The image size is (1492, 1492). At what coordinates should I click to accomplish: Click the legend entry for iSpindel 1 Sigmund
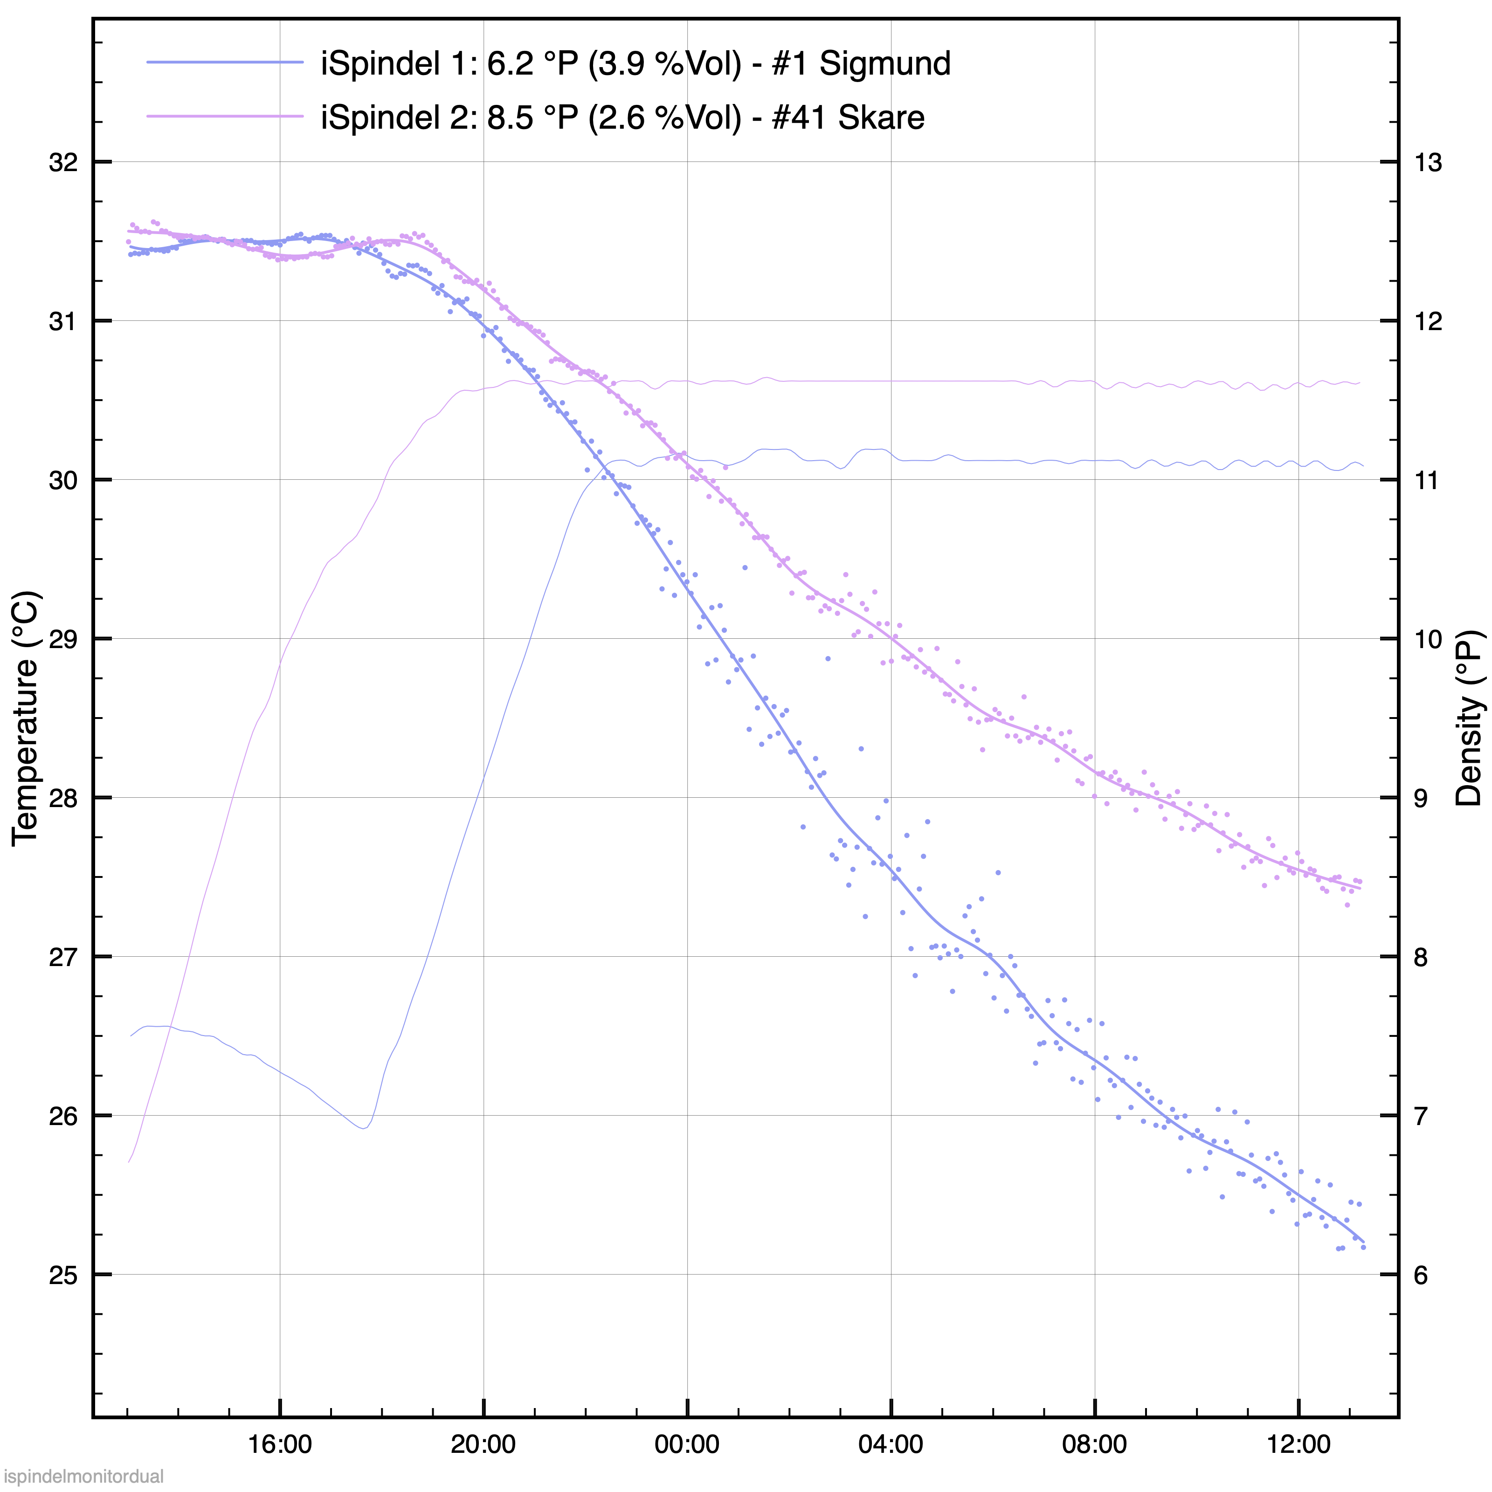[635, 63]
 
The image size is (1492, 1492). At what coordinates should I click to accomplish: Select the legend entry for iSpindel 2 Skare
[622, 117]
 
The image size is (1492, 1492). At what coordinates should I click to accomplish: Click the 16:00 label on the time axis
[280, 1444]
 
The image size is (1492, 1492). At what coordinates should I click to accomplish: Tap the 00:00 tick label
[687, 1444]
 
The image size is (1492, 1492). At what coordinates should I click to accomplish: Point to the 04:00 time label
[891, 1444]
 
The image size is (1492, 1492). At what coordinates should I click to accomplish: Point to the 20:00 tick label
[484, 1444]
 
